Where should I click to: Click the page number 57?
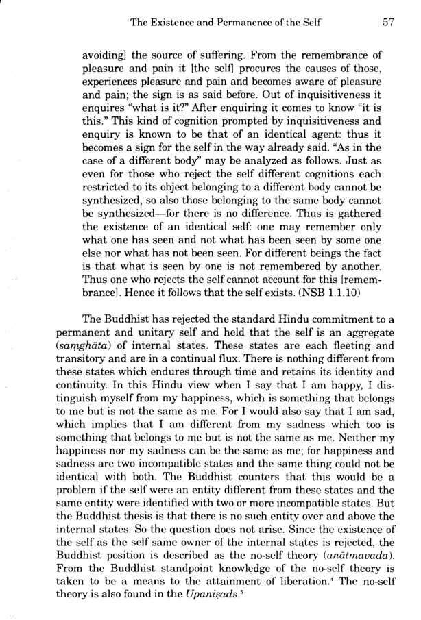(387, 23)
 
